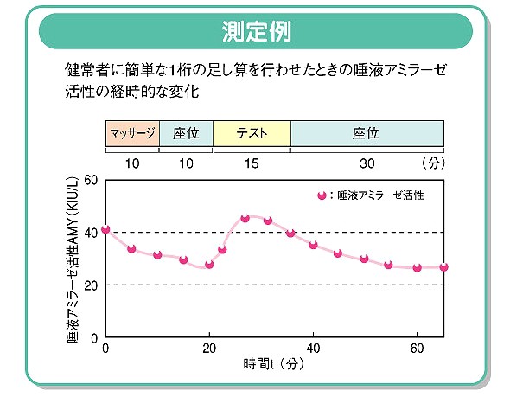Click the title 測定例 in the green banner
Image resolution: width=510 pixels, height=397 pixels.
(255, 32)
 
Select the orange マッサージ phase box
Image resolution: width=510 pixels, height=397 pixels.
(132, 134)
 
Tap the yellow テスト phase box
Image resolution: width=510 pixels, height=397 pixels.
(252, 134)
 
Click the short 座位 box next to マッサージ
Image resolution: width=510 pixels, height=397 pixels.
(186, 134)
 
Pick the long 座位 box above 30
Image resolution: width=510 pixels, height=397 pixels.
(367, 134)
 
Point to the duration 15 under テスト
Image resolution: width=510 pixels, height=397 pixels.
(252, 162)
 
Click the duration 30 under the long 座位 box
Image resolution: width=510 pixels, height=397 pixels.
(367, 162)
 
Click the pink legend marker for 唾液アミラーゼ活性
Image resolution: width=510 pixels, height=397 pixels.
(322, 196)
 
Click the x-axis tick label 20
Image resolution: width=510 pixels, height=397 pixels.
(209, 348)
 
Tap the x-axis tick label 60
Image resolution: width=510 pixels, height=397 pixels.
(417, 348)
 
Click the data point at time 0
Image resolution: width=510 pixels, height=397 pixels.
(105, 229)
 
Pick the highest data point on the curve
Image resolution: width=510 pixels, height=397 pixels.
(245, 218)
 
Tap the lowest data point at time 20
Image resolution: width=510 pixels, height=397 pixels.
(209, 264)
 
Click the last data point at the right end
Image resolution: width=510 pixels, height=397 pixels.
(443, 267)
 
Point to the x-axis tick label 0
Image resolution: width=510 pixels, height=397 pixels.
(105, 348)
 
